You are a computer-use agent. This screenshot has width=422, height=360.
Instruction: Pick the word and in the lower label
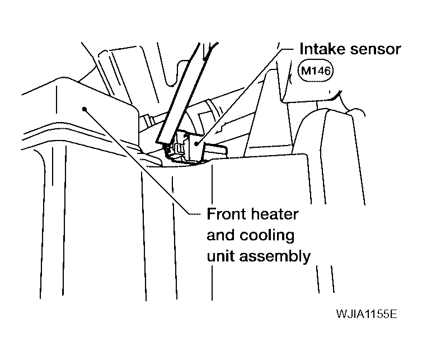pos(218,235)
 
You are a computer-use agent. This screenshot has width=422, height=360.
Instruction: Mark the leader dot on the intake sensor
pos(196,144)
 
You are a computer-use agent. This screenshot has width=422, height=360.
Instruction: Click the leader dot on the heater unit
pos(85,108)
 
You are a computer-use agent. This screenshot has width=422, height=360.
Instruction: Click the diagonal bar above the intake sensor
pos(179,95)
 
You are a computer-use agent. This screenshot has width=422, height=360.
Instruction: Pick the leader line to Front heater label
pos(140,162)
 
